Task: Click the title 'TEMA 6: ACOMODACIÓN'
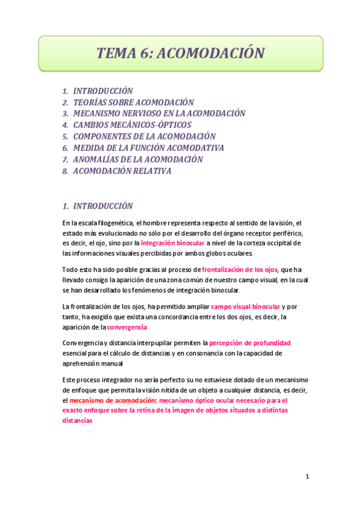180,53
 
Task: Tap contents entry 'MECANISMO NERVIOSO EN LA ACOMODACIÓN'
159,114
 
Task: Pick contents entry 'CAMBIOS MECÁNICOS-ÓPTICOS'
132,125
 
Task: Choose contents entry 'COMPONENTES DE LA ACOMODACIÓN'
144,137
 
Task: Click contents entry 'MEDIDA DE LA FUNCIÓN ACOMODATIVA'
148,148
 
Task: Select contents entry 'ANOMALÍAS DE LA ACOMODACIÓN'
138,159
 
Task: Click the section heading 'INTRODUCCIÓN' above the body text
103,206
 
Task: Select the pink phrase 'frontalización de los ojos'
240,270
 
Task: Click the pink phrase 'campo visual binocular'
245,307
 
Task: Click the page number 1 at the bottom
307,477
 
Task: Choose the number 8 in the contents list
64,171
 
